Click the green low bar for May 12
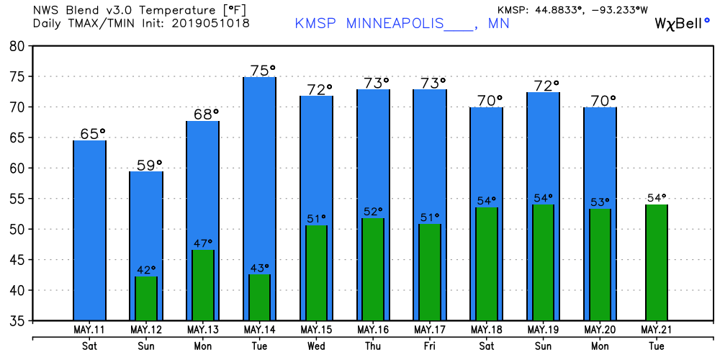tap(146, 299)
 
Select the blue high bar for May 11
tap(89, 230)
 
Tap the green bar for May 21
tap(657, 263)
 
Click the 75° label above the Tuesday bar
tap(263, 71)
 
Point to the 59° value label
tap(149, 165)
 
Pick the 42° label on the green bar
tap(147, 269)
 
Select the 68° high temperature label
tap(206, 114)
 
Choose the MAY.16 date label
tap(373, 330)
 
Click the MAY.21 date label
tap(657, 330)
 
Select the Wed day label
tap(317, 346)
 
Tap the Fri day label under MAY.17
tap(430, 346)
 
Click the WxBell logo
tap(684, 24)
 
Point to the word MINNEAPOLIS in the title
tap(395, 24)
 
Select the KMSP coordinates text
tap(572, 9)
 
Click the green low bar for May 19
tap(543, 263)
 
